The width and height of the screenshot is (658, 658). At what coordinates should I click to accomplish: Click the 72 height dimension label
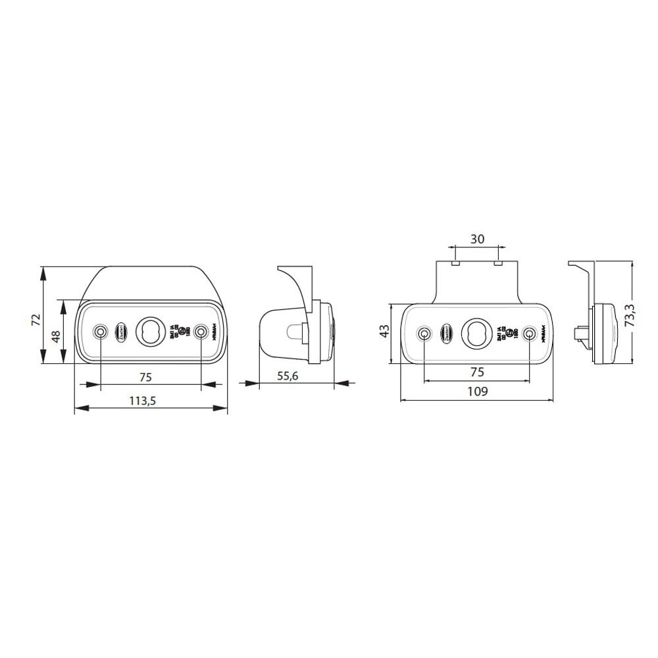click(36, 319)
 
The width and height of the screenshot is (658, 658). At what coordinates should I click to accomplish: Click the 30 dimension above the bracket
click(478, 239)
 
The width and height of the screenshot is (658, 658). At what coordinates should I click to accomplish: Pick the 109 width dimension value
click(477, 392)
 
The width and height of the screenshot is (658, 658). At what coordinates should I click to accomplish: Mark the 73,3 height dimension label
click(630, 315)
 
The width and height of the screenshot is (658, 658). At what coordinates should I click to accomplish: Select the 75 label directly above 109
click(477, 372)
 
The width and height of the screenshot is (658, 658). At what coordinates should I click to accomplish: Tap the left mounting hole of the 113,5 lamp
click(100, 331)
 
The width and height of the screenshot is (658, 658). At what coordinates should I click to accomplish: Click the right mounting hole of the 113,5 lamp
click(202, 331)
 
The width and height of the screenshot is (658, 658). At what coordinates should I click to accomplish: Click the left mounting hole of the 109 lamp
click(425, 334)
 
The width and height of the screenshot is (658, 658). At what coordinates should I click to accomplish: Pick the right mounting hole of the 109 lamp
click(528, 334)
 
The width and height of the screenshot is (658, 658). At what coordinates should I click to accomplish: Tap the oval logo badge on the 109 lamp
click(447, 332)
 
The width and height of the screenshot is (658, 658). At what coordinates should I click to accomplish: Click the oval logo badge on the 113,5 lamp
click(122, 331)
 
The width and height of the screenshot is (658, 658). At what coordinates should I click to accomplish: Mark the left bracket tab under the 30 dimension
click(454, 263)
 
